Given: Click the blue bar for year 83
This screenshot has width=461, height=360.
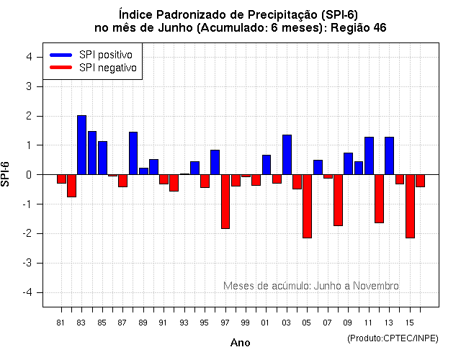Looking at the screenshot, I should [x=82, y=145].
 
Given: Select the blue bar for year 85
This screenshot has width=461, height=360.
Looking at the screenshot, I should [x=102, y=158].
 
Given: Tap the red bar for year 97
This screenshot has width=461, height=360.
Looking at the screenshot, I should [x=225, y=202].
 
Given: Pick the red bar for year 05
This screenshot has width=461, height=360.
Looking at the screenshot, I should [x=307, y=206].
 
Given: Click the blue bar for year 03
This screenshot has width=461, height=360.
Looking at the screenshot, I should [x=287, y=154].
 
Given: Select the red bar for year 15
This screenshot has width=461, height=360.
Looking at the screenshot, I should [x=410, y=206].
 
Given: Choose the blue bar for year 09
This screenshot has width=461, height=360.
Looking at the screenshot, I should [x=348, y=163].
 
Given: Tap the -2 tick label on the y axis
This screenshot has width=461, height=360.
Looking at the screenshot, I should [x=32, y=233].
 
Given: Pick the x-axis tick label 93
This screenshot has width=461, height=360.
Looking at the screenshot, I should [x=184, y=322].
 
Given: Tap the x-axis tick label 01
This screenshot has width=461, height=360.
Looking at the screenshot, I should [x=267, y=322].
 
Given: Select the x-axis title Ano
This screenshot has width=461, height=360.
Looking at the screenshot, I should [x=240, y=343].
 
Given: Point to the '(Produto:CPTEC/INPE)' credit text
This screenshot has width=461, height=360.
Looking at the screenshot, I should [x=393, y=338].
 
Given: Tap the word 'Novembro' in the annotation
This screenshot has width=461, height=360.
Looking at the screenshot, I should [x=375, y=286].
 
